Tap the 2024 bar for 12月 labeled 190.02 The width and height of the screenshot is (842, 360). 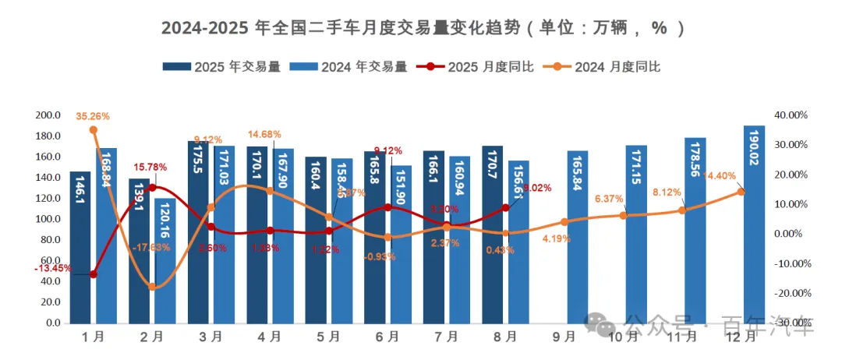click(x=754, y=226)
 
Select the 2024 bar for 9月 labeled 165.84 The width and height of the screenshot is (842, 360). click(x=578, y=238)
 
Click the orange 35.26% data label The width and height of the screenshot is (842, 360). click(x=93, y=116)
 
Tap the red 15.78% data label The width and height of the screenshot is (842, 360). click(x=151, y=167)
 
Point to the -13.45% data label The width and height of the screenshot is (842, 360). click(x=53, y=268)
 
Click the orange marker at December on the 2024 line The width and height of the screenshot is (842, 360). click(x=741, y=191)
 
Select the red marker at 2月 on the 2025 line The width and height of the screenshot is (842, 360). click(x=152, y=187)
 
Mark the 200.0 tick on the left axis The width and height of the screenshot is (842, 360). click(x=48, y=115)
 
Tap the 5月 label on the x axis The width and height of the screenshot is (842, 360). click(x=329, y=337)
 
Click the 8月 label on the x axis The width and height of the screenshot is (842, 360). click(x=505, y=337)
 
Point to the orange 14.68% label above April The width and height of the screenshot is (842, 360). click(x=264, y=135)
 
